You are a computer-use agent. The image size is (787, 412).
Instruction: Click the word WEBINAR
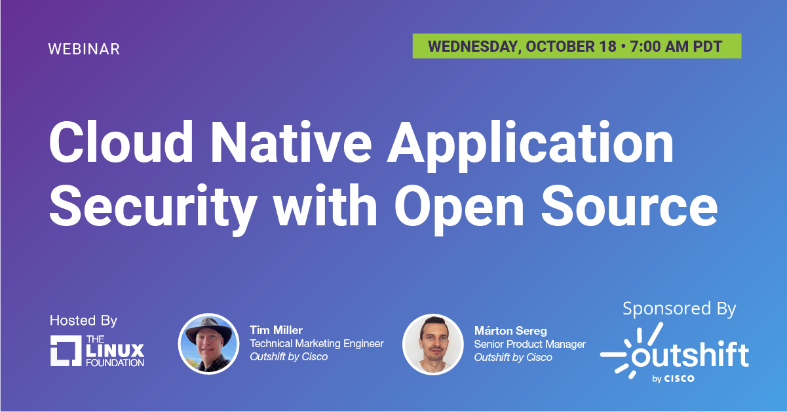(84, 49)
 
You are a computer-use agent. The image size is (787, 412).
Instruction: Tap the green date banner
(577, 46)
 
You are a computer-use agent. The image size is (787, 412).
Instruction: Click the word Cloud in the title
(121, 142)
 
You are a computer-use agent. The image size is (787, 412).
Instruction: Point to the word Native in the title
(291, 142)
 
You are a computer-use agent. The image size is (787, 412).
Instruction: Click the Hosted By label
(83, 320)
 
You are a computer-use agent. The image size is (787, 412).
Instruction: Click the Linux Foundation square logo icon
(66, 350)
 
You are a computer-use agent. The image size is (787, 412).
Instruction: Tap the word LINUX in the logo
(115, 350)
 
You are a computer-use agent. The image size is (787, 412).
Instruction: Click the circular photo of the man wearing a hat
(208, 344)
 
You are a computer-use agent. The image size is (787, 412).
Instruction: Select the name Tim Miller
(276, 330)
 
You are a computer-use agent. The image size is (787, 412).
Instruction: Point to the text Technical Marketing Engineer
(317, 343)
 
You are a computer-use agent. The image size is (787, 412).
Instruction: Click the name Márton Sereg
(510, 331)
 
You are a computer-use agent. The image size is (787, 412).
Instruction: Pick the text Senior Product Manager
(530, 345)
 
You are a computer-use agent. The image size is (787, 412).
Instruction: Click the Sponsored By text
(679, 309)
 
